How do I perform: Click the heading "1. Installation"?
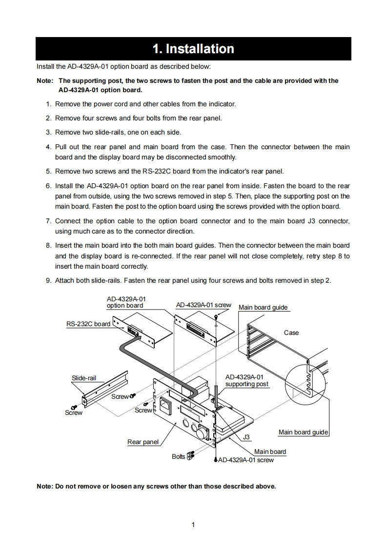(x=193, y=49)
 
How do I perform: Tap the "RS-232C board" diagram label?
(x=88, y=324)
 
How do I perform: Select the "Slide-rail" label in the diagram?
(x=84, y=378)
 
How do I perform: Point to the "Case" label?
(x=291, y=332)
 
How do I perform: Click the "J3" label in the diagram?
(x=246, y=437)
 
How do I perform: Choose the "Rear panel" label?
(x=143, y=442)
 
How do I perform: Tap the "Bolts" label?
(x=178, y=456)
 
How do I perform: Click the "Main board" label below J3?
(x=270, y=451)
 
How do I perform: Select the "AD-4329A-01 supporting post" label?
(x=246, y=380)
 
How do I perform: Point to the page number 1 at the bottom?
(x=194, y=525)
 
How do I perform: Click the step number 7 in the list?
(x=49, y=221)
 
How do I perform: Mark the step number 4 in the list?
(x=49, y=147)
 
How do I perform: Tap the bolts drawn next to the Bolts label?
(x=190, y=456)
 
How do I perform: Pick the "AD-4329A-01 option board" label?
(x=126, y=302)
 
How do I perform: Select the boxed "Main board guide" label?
(x=303, y=432)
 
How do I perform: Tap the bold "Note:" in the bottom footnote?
(x=45, y=486)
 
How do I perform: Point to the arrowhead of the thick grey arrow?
(x=138, y=335)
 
